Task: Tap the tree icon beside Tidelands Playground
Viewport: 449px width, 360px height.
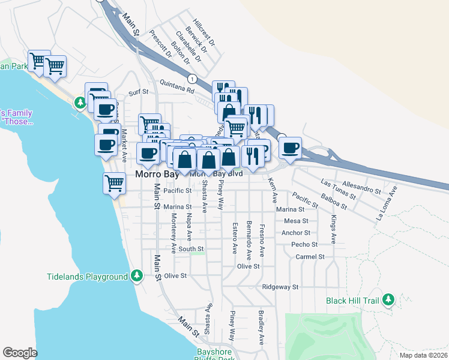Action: pos(137,276)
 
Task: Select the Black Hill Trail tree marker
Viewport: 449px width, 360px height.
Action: pos(388,299)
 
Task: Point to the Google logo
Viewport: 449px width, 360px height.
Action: pos(20,352)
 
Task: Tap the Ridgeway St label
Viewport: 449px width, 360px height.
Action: pos(280,287)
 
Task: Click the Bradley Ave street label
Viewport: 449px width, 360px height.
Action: pos(261,328)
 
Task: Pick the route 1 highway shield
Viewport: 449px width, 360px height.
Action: pos(191,79)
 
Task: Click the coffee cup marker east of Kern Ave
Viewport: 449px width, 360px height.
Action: pos(290,148)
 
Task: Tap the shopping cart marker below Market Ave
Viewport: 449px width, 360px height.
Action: pos(114,184)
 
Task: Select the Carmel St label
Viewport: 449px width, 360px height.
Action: pos(310,256)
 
